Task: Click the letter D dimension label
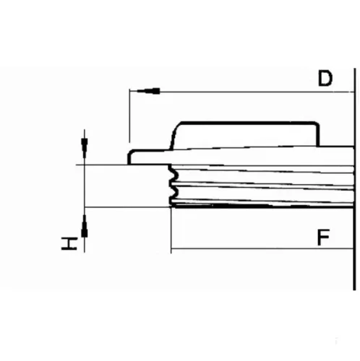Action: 325,78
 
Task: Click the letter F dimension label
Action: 323,237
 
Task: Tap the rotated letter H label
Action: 69,243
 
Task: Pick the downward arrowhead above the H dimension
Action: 84,148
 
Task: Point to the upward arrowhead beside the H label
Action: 85,226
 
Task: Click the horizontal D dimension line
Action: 241,92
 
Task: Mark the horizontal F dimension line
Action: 262,248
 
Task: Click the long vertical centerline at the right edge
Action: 354,179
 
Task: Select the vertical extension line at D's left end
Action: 129,116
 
